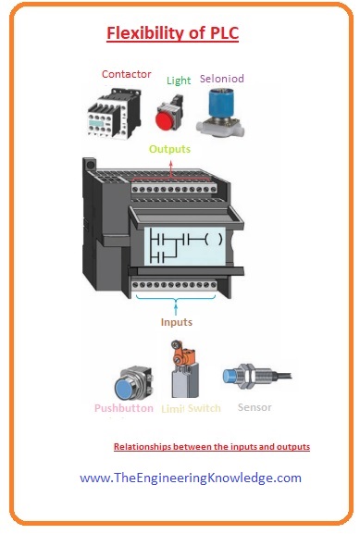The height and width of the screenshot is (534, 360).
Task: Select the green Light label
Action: [x=179, y=81]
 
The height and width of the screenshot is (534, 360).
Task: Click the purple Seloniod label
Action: [x=223, y=79]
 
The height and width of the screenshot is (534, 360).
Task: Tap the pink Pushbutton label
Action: [x=124, y=407]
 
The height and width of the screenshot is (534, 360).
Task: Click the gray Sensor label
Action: [x=254, y=406]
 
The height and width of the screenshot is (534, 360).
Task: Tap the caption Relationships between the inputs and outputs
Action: [x=211, y=447]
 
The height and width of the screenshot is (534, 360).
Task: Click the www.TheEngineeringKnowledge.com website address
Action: [x=191, y=478]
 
